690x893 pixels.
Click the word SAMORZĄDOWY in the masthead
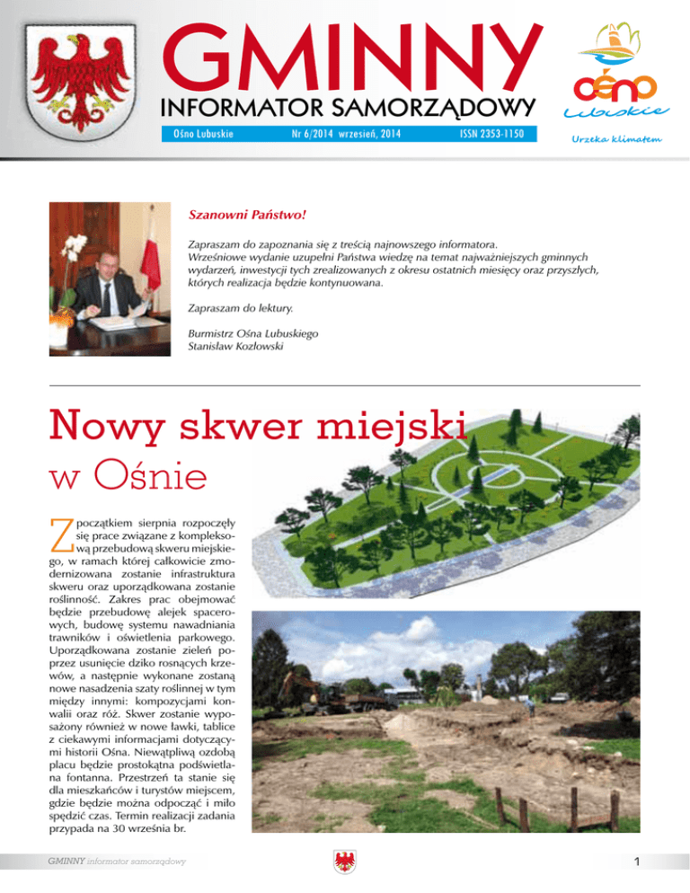430,109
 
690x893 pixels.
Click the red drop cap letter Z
61,535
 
